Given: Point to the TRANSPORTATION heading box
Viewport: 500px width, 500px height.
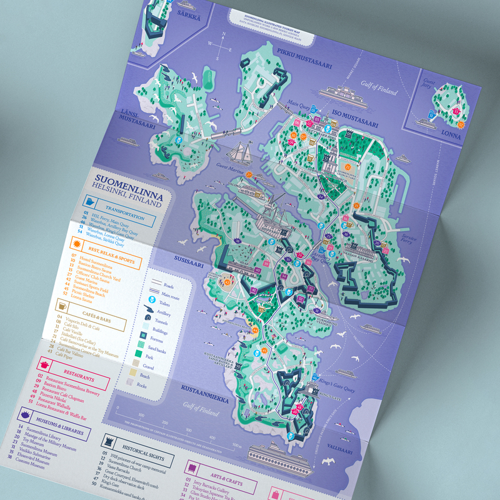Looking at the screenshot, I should (131, 211).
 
